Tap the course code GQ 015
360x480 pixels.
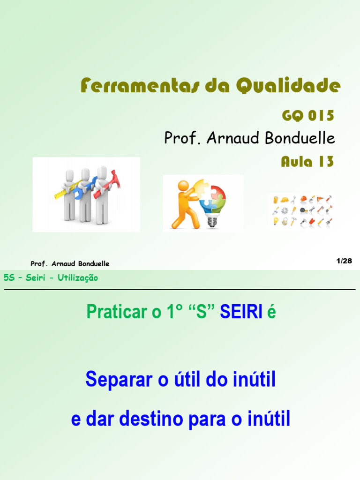tap(307, 115)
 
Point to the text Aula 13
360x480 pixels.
tap(307, 162)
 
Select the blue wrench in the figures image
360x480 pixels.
tap(88, 185)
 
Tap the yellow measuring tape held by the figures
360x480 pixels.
tap(63, 190)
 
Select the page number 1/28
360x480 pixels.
tap(344, 261)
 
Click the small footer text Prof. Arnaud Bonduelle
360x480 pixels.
tap(70, 264)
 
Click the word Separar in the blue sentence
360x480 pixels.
tap(119, 380)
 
